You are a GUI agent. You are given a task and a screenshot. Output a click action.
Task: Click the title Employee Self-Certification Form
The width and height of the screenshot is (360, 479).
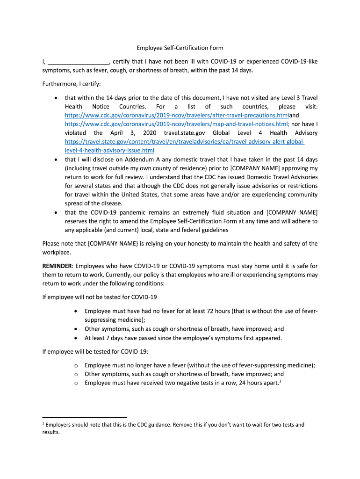(x=180, y=48)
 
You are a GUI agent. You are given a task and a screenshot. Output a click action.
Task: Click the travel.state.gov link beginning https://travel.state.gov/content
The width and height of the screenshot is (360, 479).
(x=185, y=142)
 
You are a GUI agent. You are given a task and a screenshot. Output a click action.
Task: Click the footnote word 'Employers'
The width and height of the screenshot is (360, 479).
(x=58, y=425)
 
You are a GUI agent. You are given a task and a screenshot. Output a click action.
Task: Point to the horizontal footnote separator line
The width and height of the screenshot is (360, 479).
(x=84, y=416)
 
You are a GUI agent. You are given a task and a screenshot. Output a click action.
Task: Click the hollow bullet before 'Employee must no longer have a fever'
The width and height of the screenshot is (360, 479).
(x=76, y=365)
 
